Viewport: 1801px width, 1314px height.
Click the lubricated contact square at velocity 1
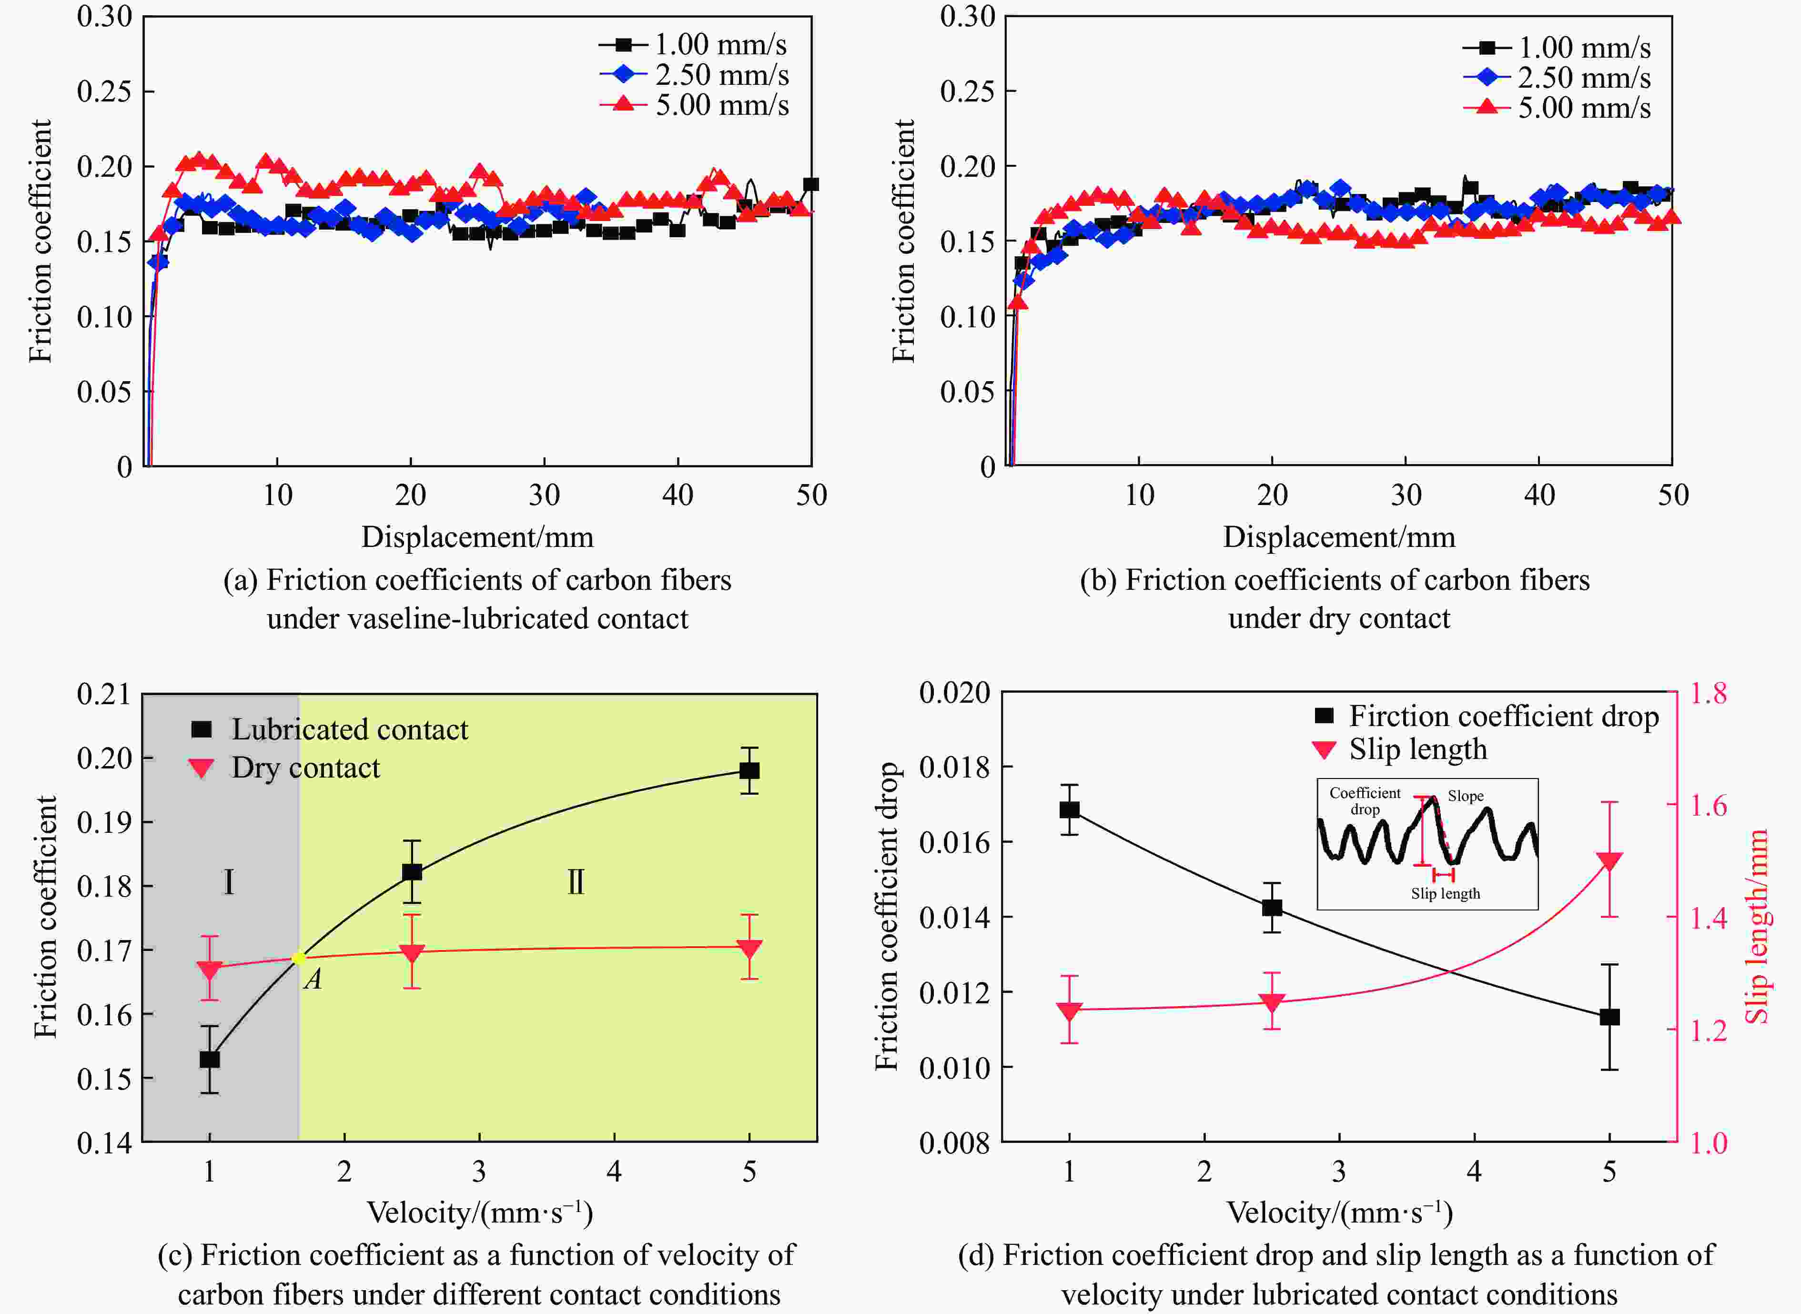[x=209, y=1060]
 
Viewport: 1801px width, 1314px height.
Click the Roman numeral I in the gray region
[x=228, y=882]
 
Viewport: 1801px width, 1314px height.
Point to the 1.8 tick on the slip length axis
[x=1709, y=694]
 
